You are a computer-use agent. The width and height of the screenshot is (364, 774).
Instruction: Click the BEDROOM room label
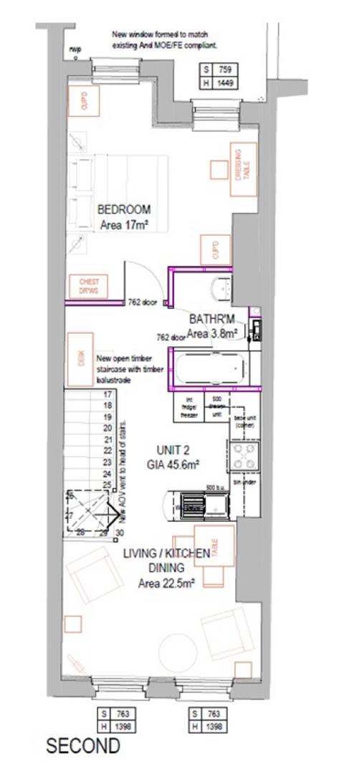tap(124, 209)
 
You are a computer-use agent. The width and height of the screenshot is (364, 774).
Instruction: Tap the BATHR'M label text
tap(212, 318)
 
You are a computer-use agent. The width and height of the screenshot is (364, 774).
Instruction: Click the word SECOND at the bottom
tap(82, 746)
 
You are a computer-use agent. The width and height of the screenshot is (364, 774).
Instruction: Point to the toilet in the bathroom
tap(221, 287)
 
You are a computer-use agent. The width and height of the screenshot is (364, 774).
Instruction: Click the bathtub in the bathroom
tap(209, 368)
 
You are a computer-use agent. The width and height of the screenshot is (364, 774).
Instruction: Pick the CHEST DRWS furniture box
tap(89, 287)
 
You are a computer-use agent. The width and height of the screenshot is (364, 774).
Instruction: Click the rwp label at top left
tap(75, 49)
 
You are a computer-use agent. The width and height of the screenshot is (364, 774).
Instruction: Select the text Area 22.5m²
tap(166, 583)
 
